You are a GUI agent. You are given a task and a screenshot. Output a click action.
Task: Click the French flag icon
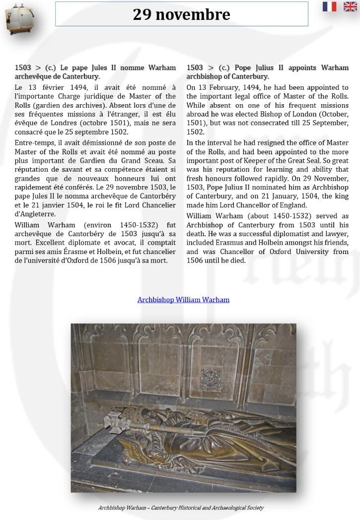click(x=329, y=6)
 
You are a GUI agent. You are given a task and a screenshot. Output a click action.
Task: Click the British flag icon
click(x=350, y=6)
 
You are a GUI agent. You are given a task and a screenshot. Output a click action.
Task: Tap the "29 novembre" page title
click(x=181, y=15)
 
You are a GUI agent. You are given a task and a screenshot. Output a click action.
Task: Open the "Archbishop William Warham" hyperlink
click(x=183, y=300)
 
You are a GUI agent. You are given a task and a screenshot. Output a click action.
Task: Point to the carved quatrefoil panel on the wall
click(x=212, y=379)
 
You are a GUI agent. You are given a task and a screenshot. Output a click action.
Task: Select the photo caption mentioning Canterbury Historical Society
click(x=181, y=508)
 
